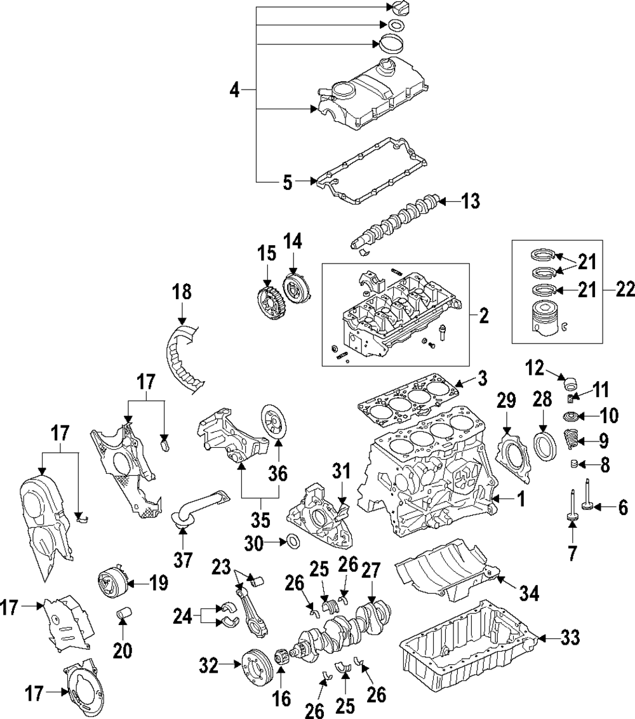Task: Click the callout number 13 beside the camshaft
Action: coord(471,202)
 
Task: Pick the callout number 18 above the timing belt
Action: coord(182,293)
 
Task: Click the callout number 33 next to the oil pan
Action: coord(570,637)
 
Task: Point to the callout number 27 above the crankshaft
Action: coord(370,569)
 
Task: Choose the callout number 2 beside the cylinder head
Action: coord(484,316)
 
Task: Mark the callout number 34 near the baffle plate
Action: coord(529,593)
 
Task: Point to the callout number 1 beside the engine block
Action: coord(521,500)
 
